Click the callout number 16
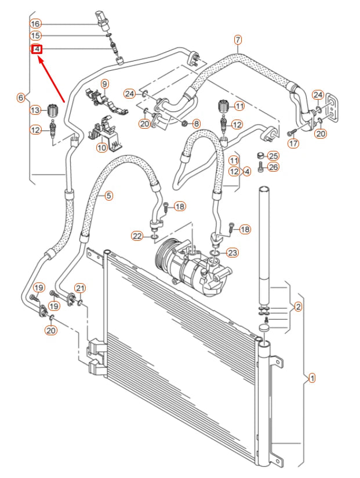coord(36,24)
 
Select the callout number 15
coord(36,36)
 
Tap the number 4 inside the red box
coord(36,49)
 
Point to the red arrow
coord(52,78)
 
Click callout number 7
coord(238,39)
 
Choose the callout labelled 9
coord(105,84)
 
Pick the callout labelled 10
coord(101,147)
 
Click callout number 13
coord(36,110)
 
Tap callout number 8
coord(196,124)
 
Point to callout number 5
coord(108,195)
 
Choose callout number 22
coord(137,236)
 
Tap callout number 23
coord(232,252)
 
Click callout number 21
coord(80,288)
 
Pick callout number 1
coord(312,378)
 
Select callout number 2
coord(298,306)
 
